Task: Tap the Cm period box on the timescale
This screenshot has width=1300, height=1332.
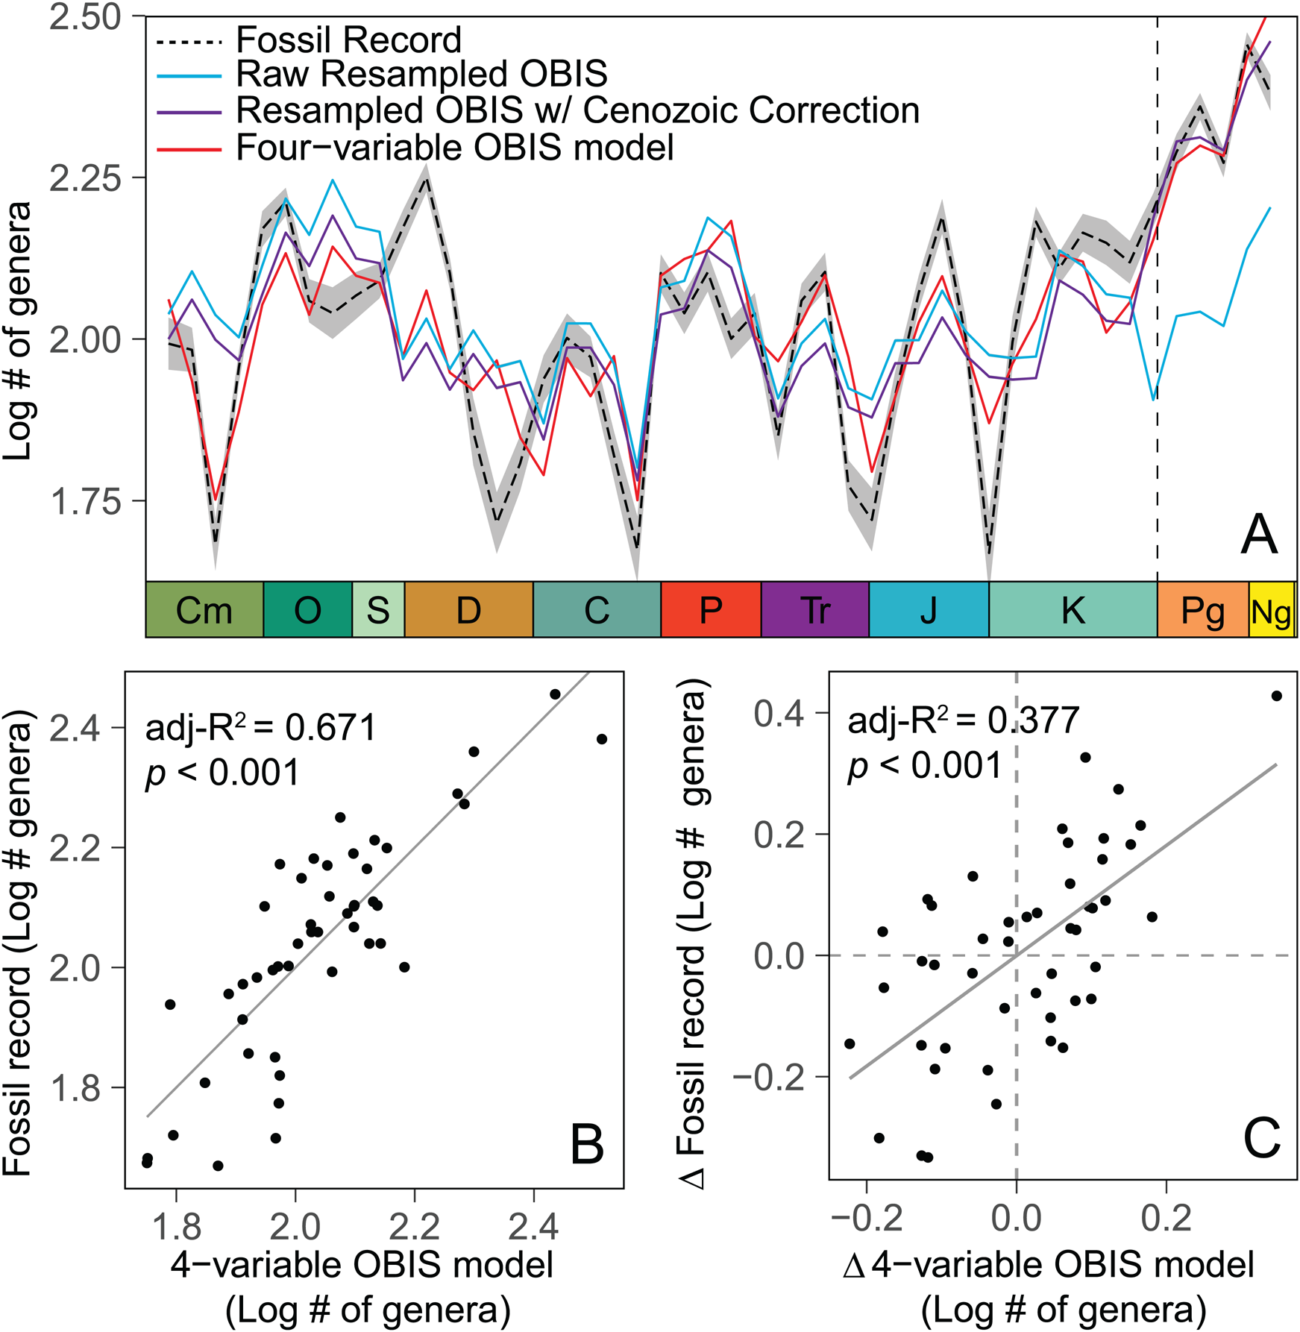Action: [x=204, y=610]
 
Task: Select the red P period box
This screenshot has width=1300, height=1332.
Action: [x=711, y=610]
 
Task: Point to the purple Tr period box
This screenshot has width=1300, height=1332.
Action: [x=814, y=610]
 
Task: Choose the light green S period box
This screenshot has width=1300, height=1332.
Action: [x=378, y=610]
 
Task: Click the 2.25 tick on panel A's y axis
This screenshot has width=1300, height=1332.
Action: [x=86, y=179]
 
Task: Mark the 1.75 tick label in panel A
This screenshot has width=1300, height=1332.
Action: [x=86, y=502]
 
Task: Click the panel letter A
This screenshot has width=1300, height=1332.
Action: [x=1258, y=535]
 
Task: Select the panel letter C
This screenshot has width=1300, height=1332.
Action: [x=1262, y=1139]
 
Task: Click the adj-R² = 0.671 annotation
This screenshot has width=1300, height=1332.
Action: [x=261, y=727]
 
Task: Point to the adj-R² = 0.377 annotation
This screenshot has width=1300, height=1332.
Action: [x=964, y=720]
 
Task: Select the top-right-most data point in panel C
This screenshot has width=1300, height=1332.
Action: [x=1276, y=696]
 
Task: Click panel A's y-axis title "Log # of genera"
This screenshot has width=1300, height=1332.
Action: [x=18, y=330]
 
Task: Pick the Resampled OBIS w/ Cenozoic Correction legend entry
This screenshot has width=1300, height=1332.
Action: [x=577, y=111]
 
